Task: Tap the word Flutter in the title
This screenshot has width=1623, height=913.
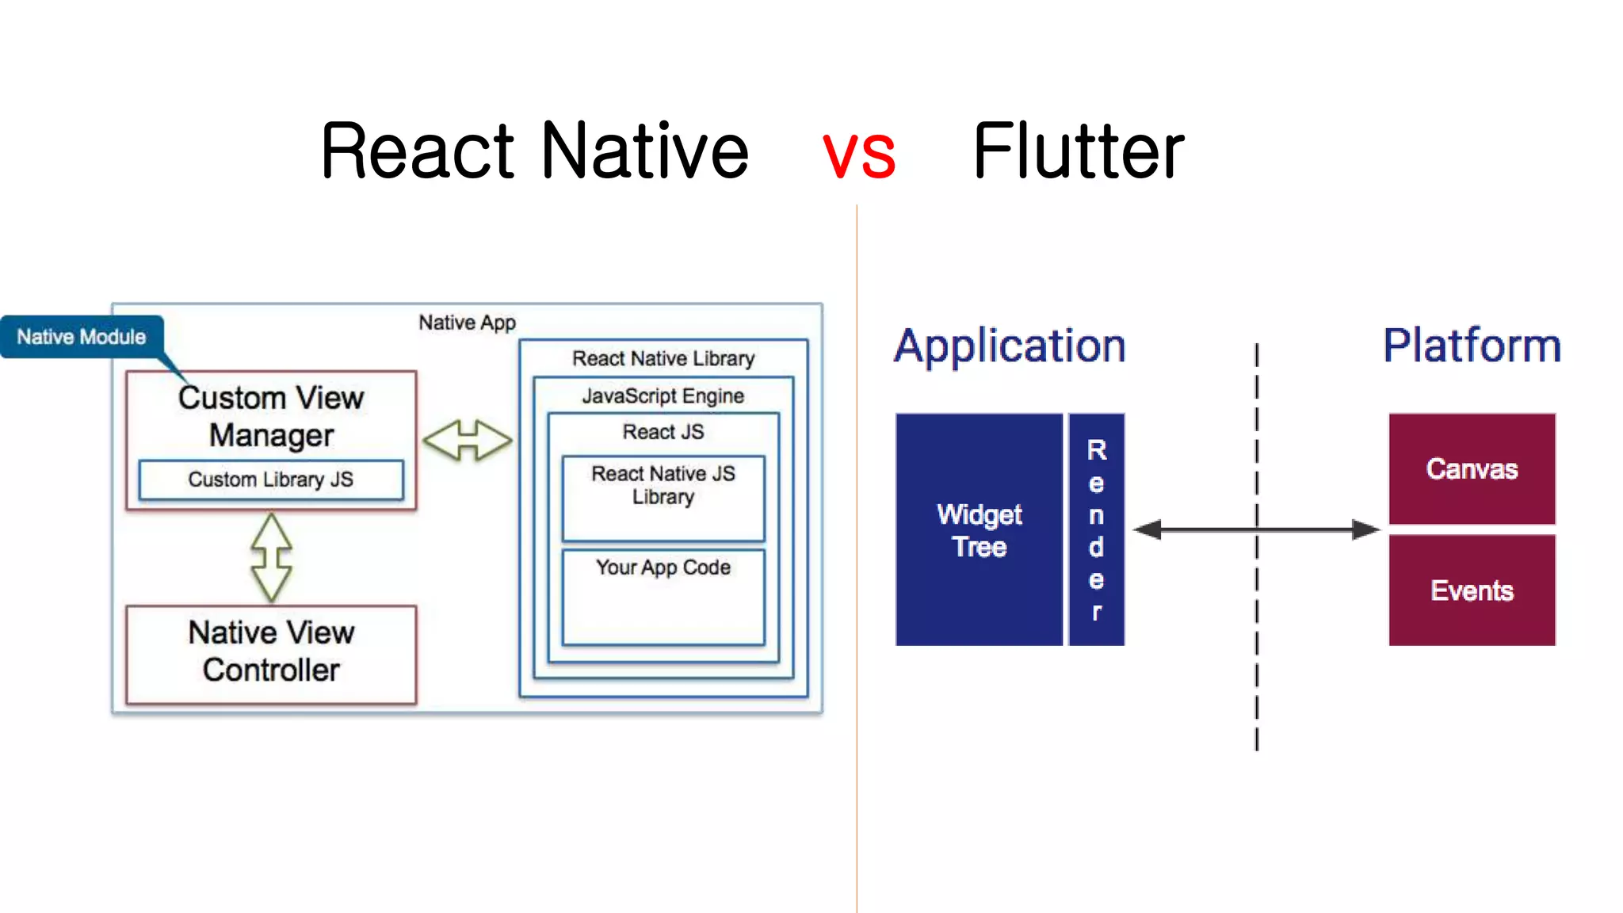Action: [x=1078, y=151]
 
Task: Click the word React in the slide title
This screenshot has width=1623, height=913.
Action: [x=418, y=151]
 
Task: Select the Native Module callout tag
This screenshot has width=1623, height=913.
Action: [x=82, y=337]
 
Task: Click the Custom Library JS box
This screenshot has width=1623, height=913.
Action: [x=271, y=479]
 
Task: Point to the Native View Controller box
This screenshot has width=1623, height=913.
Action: [x=271, y=653]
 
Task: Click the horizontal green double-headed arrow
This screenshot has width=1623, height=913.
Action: [x=468, y=440]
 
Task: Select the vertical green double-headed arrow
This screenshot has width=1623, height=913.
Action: [x=271, y=556]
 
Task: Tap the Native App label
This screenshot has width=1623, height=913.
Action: [x=467, y=323]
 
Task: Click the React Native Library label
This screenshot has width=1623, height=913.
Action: [x=663, y=358]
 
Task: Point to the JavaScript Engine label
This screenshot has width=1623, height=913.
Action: [x=663, y=395]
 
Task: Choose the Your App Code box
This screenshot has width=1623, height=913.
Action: [x=663, y=596]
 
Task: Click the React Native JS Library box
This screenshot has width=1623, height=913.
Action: [x=663, y=497]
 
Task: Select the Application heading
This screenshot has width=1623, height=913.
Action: [x=1010, y=346]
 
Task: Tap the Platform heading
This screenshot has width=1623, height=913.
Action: [x=1472, y=346]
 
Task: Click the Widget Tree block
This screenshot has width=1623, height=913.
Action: [x=979, y=529]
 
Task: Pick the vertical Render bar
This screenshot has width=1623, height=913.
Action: [x=1096, y=529]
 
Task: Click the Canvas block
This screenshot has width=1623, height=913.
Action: [x=1472, y=468]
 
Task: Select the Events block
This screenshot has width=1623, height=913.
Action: [x=1472, y=590]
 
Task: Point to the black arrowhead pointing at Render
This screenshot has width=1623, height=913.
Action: [x=1148, y=529]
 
